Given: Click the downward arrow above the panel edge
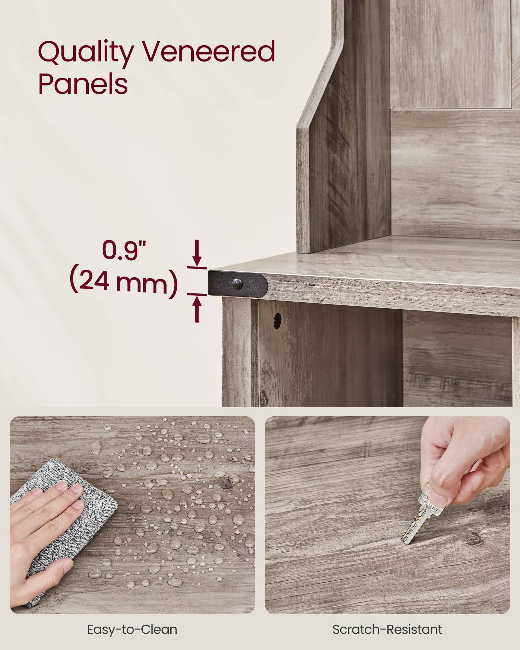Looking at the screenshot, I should click(197, 253).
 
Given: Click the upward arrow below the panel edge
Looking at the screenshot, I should click(197, 309).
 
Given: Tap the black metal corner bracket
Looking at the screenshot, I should click(237, 282).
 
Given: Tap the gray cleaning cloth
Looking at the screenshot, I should click(65, 526).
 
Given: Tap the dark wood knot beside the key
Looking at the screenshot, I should click(471, 538).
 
